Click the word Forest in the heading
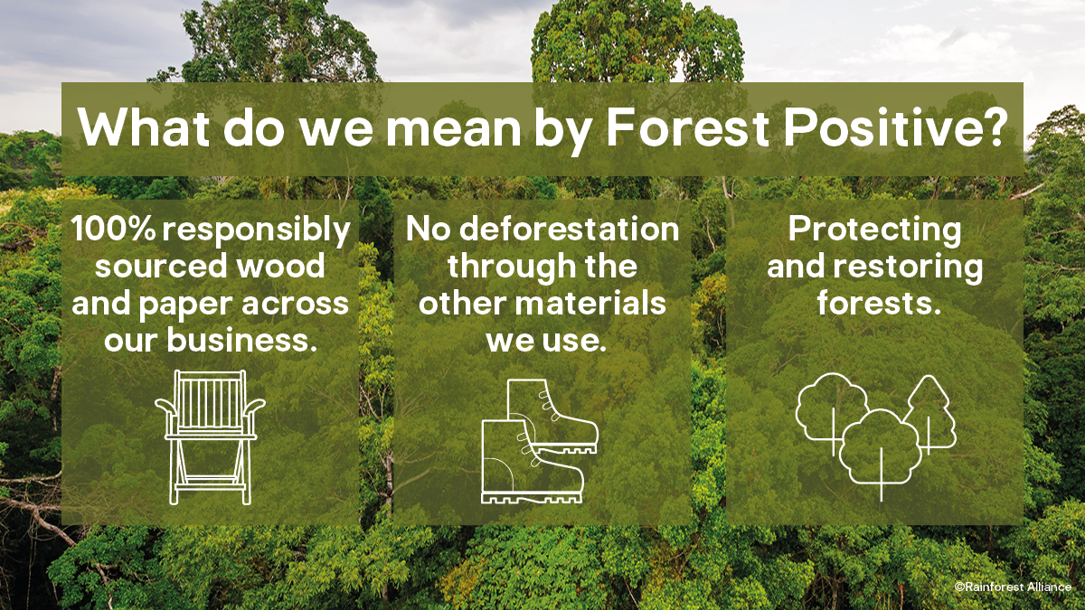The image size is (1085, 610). coord(687,127)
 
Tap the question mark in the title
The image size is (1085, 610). coord(994,126)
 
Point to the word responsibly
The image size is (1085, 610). coord(256,231)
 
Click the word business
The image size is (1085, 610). coord(241,340)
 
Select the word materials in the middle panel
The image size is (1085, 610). coord(590,303)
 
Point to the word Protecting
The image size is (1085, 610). coord(874,230)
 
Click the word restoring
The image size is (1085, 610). coord(908,267)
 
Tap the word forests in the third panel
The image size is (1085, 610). coord(879,303)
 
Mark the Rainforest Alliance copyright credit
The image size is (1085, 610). coord(1013,587)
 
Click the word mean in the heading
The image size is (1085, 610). coord(453,127)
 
